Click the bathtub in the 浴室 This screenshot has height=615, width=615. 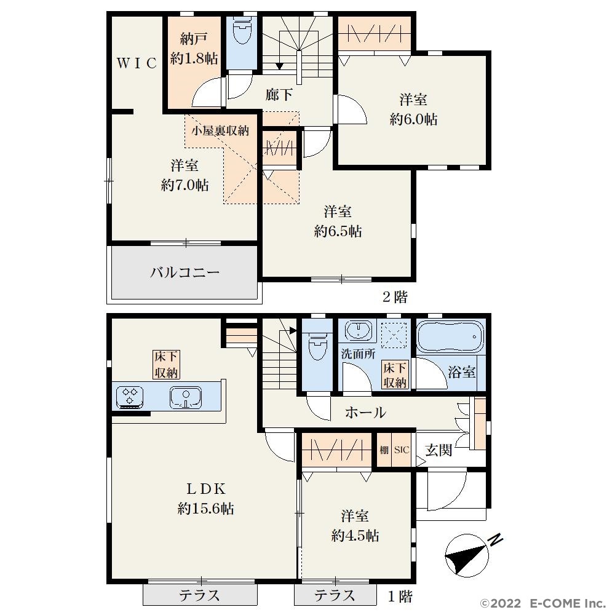point(450,337)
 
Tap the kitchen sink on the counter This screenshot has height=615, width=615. point(186,398)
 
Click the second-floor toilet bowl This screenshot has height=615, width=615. point(242,32)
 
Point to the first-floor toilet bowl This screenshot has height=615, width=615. point(317,347)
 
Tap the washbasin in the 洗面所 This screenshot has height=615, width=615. point(359,330)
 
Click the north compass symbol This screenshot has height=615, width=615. point(470,554)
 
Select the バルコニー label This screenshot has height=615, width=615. point(184,272)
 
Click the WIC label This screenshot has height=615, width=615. point(137,63)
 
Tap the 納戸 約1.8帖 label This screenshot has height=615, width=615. point(194,49)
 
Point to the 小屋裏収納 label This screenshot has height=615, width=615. point(220,130)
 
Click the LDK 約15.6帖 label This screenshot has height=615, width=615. point(206,499)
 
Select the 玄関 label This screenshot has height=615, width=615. point(438,450)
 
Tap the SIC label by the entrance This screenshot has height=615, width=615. point(401,450)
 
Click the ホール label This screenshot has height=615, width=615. point(365,412)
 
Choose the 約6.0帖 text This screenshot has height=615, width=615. point(413,119)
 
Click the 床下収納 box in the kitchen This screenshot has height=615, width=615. point(166,365)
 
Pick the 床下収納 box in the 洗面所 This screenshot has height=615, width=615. point(395,375)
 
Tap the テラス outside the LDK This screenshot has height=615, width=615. point(200,595)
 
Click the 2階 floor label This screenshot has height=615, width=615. point(395,297)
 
